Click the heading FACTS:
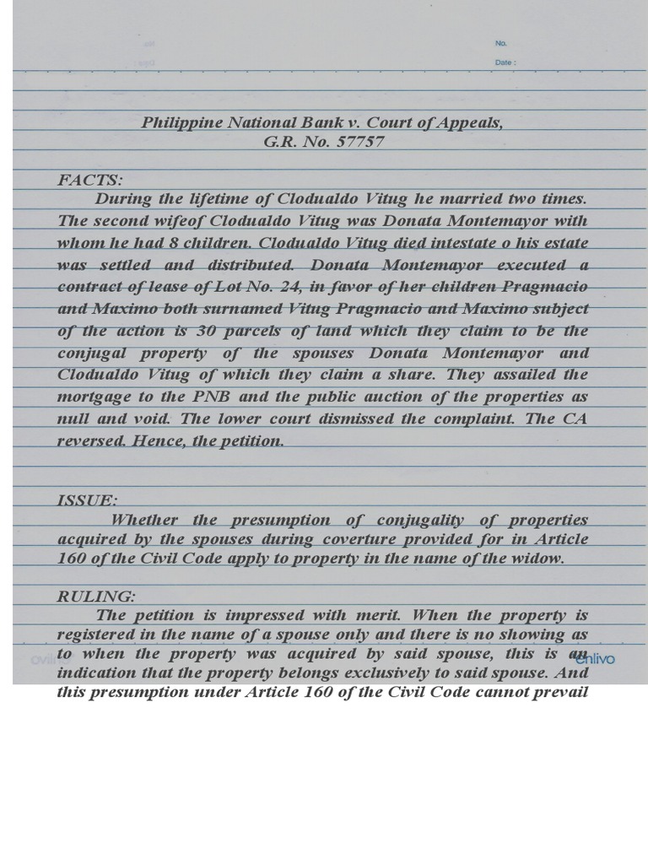click(90, 180)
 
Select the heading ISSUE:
click(87, 500)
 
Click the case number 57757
click(360, 142)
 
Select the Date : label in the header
click(505, 62)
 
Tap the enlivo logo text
click(595, 659)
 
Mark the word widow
click(558, 559)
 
